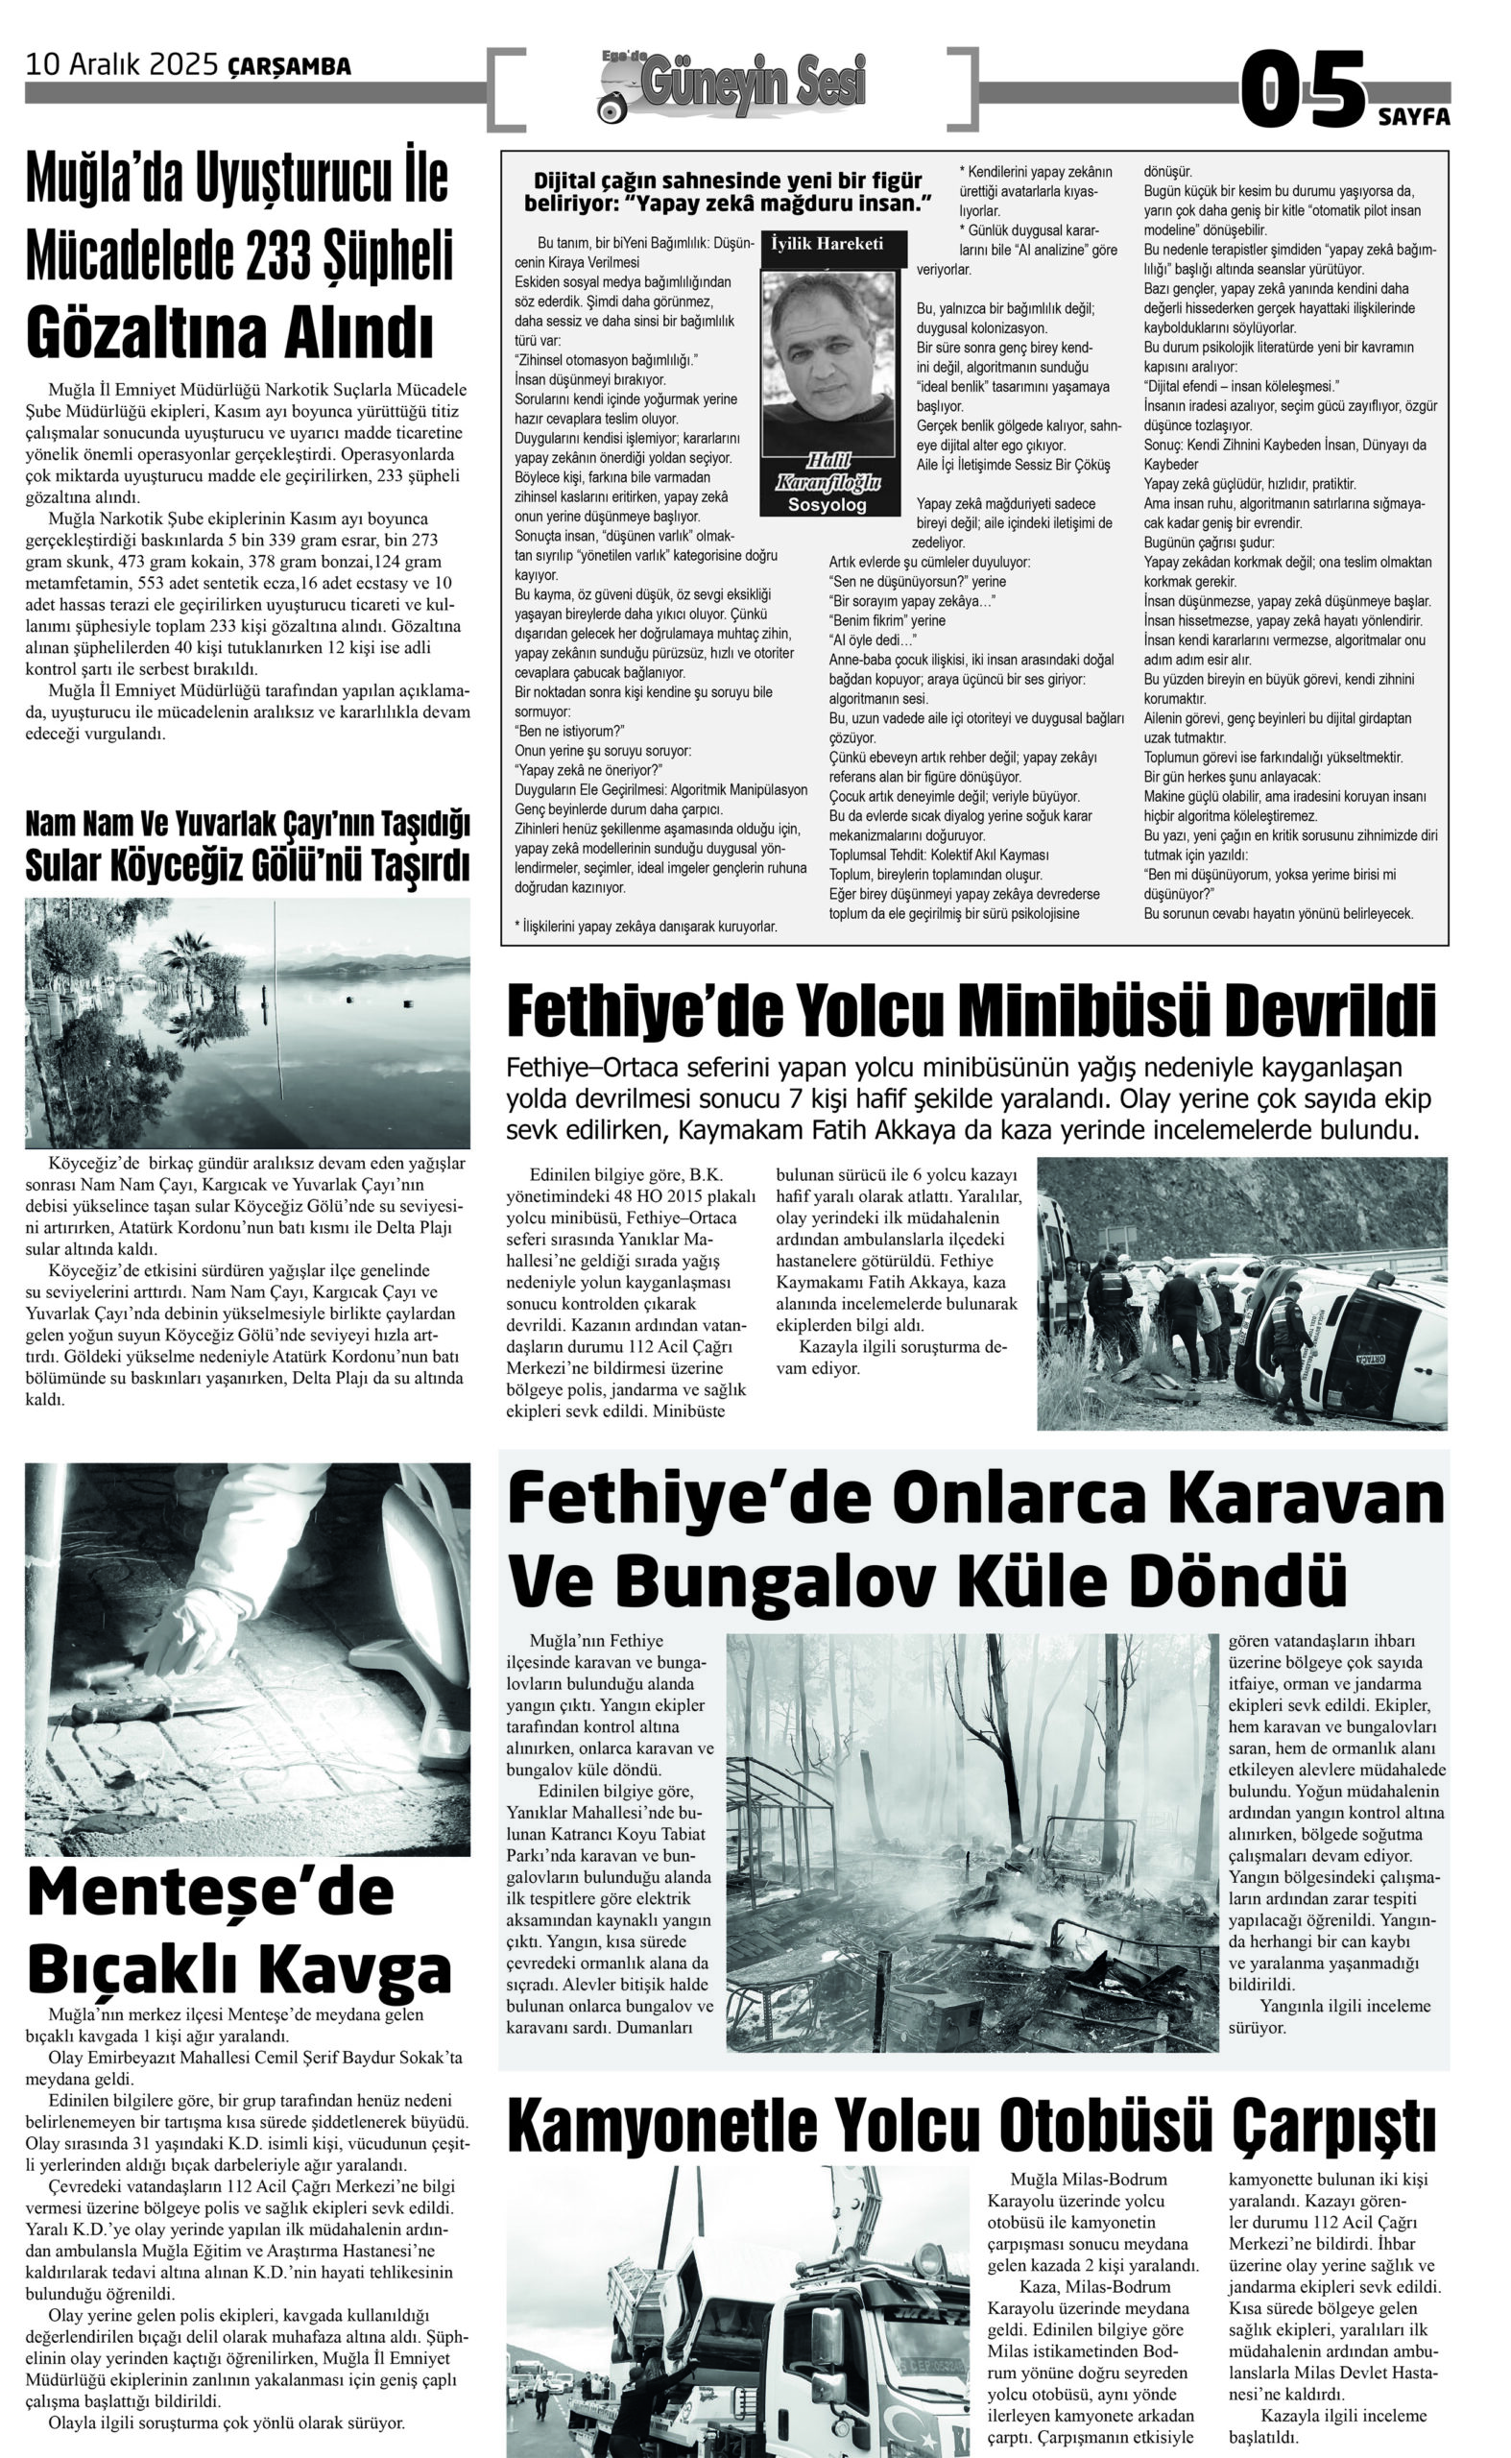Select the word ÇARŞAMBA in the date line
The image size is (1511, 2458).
pyautogui.click(x=290, y=67)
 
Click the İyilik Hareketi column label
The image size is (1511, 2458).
pyautogui.click(x=827, y=244)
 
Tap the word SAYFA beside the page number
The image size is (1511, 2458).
pyautogui.click(x=1414, y=117)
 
